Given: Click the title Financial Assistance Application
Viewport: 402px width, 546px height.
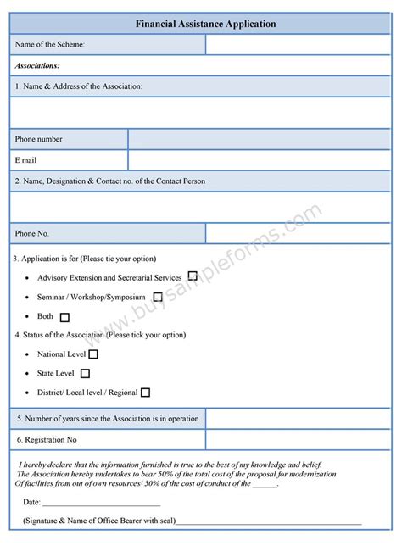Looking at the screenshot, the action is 205,25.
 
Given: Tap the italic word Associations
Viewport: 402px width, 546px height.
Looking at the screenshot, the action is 37,65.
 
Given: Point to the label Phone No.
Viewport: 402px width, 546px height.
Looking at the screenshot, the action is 32,233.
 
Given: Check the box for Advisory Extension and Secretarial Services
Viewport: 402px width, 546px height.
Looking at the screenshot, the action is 193,276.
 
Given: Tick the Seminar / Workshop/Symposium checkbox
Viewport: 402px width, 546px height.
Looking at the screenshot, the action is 158,298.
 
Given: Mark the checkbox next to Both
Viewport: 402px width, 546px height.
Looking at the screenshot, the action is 65,317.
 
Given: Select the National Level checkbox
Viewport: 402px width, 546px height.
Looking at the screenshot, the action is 93,354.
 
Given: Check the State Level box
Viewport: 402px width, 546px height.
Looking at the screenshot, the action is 85,373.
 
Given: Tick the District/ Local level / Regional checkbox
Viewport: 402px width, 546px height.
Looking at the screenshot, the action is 145,393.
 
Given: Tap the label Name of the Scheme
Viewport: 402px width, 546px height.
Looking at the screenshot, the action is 50,44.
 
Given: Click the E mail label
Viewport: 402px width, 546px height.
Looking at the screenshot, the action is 25,159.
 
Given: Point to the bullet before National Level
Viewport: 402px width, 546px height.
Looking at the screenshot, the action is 29,354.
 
